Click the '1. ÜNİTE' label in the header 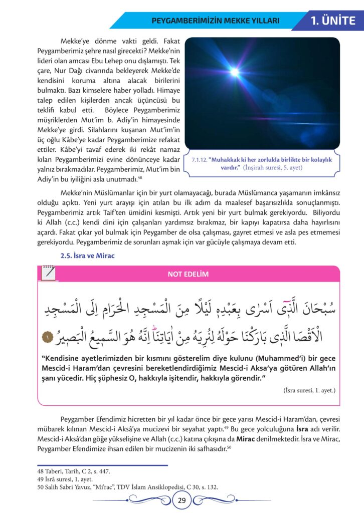point(333,21)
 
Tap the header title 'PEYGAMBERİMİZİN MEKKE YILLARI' point(215,21)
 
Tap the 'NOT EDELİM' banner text point(189,274)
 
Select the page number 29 point(181,499)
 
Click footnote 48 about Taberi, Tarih point(74,471)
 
